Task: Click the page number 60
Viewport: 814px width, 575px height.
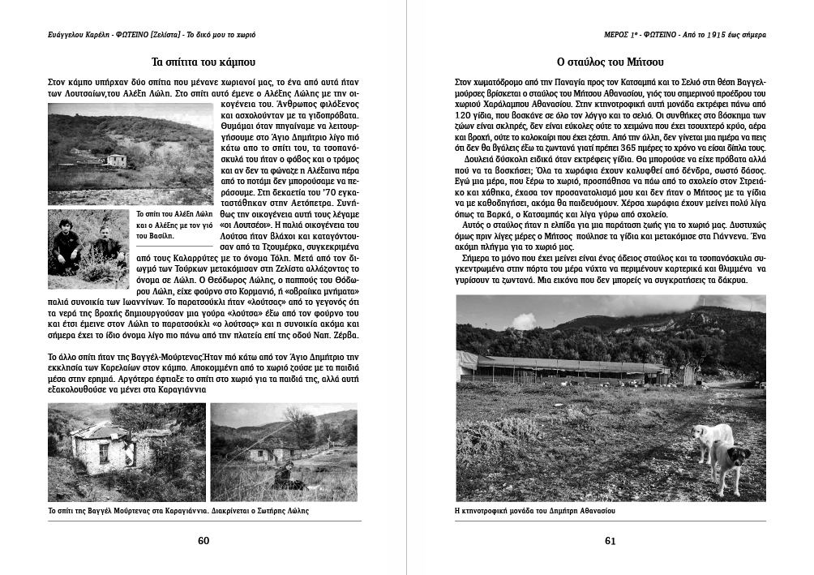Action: pyautogui.click(x=204, y=541)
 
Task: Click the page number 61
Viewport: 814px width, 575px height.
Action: pyautogui.click(x=610, y=541)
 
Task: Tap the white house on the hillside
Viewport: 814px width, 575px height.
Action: pyautogui.click(x=117, y=160)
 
